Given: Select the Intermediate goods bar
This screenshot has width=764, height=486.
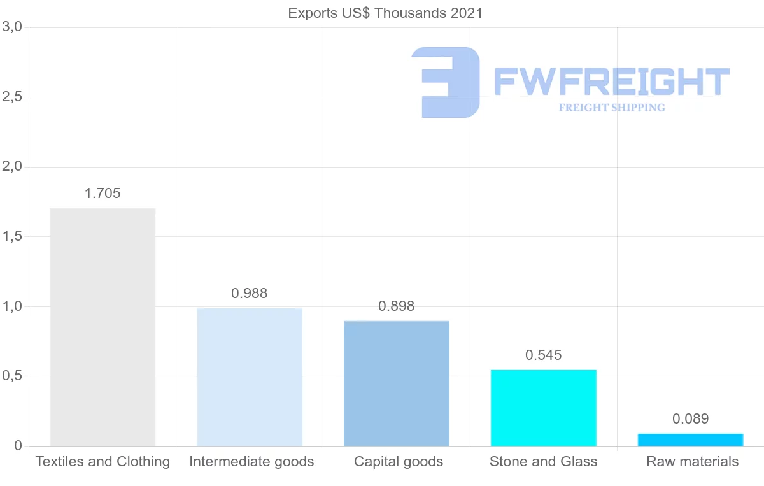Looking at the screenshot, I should (250, 377).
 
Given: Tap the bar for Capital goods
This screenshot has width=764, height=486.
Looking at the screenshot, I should (397, 383).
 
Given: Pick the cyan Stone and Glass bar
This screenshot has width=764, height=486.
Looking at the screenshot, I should (544, 408).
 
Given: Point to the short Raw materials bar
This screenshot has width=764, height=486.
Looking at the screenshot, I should (690, 440).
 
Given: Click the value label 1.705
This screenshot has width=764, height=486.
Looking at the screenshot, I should (103, 194).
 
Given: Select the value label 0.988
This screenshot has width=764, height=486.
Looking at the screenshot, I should (250, 294).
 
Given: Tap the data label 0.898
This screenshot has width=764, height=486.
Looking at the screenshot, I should (397, 306).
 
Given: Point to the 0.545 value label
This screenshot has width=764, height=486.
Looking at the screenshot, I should (544, 355).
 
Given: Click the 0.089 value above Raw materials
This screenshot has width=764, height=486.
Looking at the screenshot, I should (690, 419).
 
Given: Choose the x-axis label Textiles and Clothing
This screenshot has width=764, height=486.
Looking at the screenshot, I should (103, 462).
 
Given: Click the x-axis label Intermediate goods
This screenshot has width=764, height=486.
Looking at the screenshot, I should (251, 462).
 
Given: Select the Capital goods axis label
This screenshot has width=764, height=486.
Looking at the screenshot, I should (399, 462).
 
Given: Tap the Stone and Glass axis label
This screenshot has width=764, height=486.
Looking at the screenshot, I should (544, 462).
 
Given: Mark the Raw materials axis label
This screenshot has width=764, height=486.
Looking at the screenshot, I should (693, 462).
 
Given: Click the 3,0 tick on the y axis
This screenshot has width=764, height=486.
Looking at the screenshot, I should (12, 27).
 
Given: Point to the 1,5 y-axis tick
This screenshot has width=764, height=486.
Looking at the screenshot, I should (12, 236).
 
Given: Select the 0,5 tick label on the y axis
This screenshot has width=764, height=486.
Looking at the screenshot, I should (12, 376).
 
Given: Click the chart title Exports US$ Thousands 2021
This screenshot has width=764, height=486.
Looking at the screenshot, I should (385, 13).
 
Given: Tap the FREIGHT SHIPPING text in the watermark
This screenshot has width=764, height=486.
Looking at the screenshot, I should (612, 108).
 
